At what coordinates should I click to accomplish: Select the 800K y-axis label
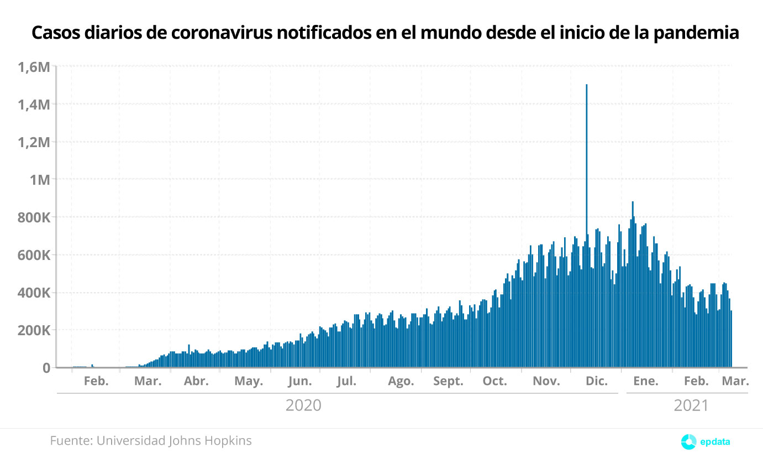point(34,217)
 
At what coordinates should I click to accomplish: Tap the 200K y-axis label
point(34,330)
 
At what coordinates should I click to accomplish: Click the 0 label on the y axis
point(46,368)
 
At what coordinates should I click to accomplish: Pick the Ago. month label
point(401,381)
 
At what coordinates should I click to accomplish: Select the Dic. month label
point(597,381)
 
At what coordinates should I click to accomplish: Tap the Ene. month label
point(646,381)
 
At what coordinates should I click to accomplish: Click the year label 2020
point(303,405)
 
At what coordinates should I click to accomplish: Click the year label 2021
point(691,405)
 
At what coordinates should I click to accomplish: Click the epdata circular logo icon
point(688,441)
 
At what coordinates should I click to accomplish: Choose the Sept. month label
point(448,381)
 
